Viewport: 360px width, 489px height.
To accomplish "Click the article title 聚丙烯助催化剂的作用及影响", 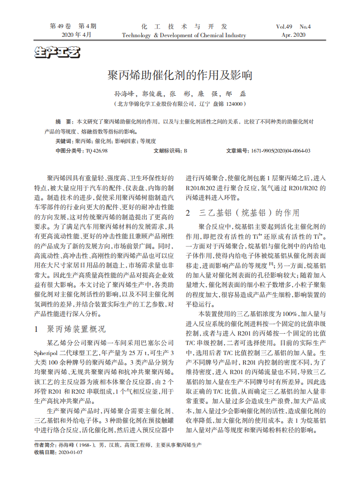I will pyautogui.click(x=180, y=75).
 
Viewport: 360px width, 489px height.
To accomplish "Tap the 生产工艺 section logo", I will pyautogui.click(x=57, y=53).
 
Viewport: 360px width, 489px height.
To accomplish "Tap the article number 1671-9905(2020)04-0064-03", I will pyautogui.click(x=281, y=151).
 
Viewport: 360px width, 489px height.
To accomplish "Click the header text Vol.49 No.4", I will pyautogui.click(x=293, y=26).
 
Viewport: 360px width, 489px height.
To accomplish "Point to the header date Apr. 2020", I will pyautogui.click(x=293, y=35).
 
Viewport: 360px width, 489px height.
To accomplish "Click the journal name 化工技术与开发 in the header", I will pyautogui.click(x=184, y=26).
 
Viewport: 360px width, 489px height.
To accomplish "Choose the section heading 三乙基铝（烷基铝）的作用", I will pyautogui.click(x=249, y=212).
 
